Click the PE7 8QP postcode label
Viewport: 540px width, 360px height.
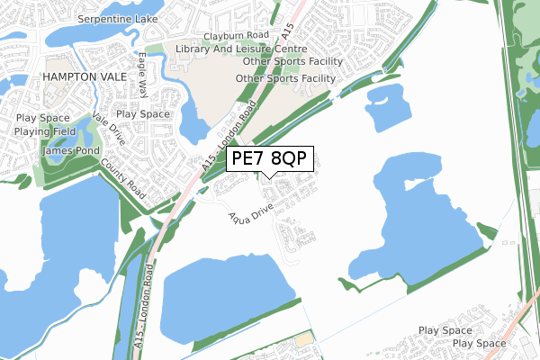click(269, 158)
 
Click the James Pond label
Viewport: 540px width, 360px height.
click(66, 151)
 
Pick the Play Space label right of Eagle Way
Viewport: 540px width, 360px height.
click(143, 114)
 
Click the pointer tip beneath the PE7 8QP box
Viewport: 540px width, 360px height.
click(269, 178)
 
